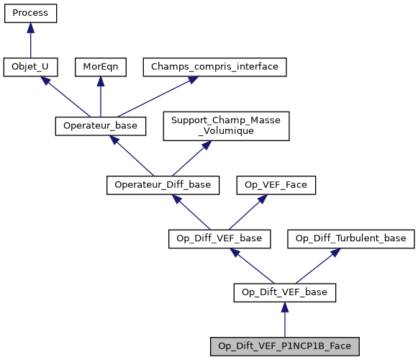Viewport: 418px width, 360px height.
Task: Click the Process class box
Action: (x=30, y=13)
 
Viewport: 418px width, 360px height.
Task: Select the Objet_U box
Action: (x=30, y=67)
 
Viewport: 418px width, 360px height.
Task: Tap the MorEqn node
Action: (x=100, y=67)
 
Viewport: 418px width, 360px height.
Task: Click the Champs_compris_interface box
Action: (x=215, y=67)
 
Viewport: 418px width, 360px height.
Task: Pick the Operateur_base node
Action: (x=101, y=125)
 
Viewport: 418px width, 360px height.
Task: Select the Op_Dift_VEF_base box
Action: (x=285, y=292)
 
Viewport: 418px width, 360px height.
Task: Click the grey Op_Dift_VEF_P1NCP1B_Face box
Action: (x=285, y=346)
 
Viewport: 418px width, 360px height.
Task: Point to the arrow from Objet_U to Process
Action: (x=30, y=40)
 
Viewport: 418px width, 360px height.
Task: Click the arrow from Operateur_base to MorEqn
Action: (x=100, y=96)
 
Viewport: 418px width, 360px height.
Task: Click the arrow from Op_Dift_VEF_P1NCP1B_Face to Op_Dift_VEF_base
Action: (x=285, y=320)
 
